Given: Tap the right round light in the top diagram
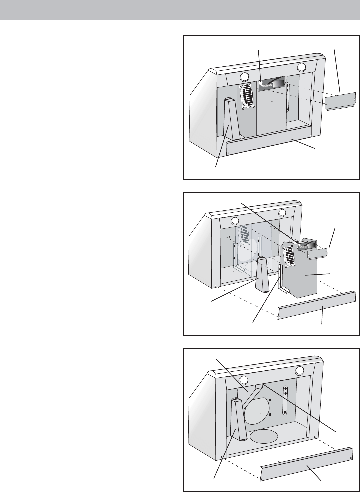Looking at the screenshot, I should (302, 67).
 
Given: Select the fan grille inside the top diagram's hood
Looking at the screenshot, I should (247, 95).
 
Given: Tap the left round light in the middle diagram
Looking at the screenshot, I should (235, 221).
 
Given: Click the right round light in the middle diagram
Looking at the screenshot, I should (283, 213).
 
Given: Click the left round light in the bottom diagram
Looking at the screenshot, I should (244, 380).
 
